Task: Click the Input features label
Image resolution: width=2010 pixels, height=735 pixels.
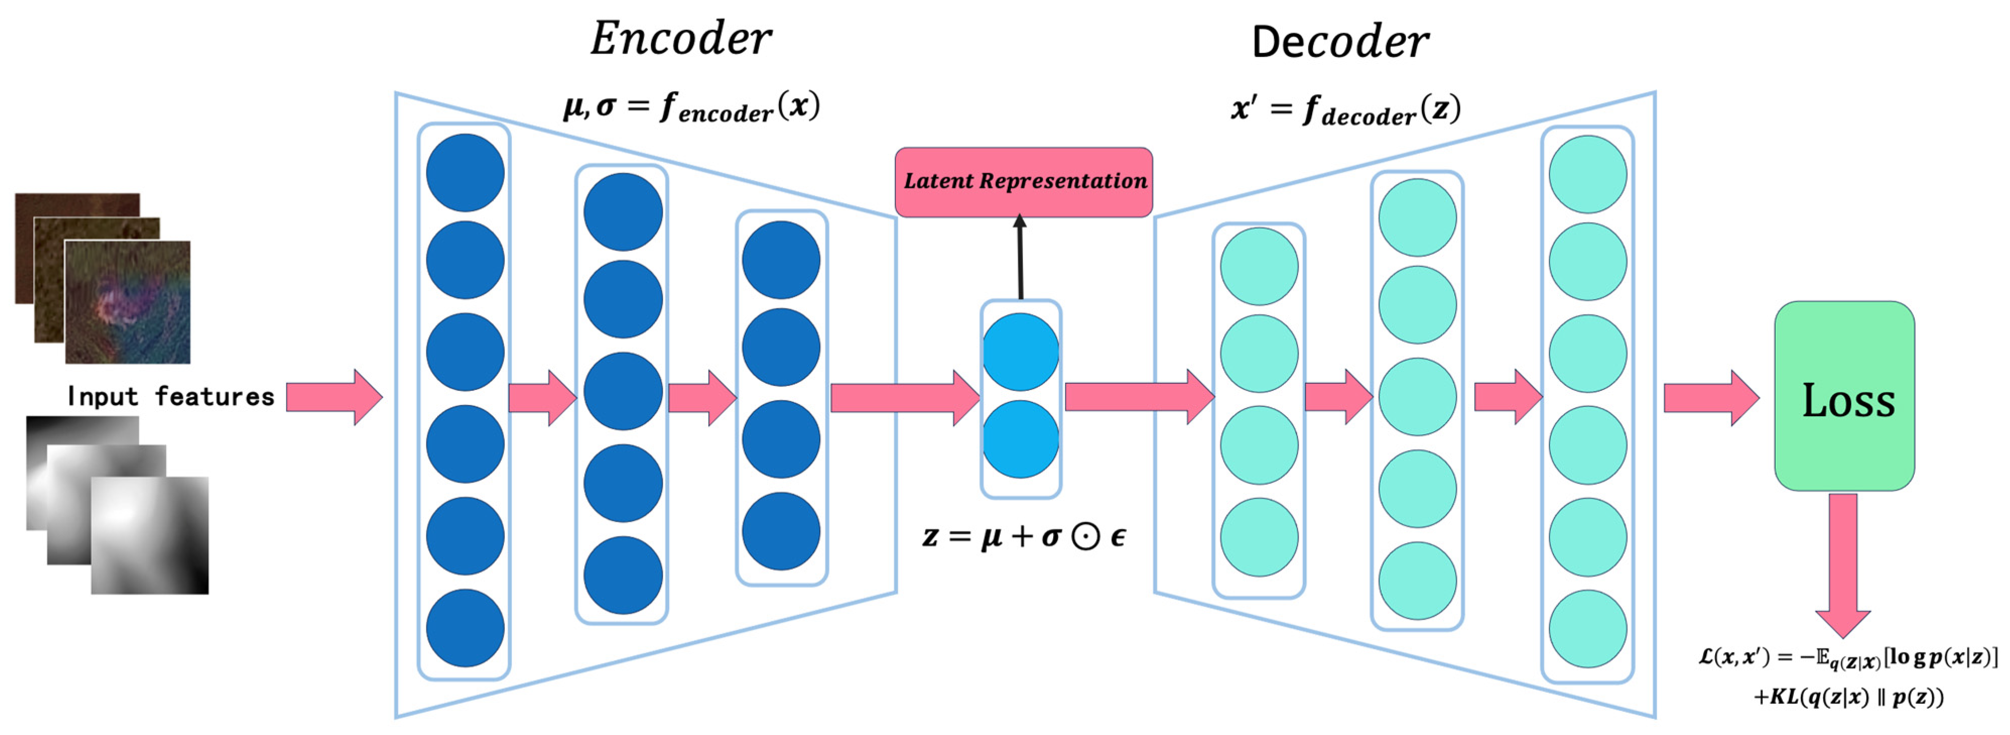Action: (x=170, y=396)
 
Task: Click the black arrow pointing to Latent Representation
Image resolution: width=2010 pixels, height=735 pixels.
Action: (x=1020, y=257)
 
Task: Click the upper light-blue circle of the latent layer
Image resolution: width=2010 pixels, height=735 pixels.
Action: (x=1020, y=352)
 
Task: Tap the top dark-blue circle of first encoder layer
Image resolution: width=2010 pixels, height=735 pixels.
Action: (x=465, y=172)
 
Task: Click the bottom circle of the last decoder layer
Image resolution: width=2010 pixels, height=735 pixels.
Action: (x=1587, y=628)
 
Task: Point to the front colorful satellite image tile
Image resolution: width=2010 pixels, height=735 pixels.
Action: (x=127, y=302)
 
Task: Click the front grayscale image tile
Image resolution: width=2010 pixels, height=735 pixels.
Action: (x=150, y=535)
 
